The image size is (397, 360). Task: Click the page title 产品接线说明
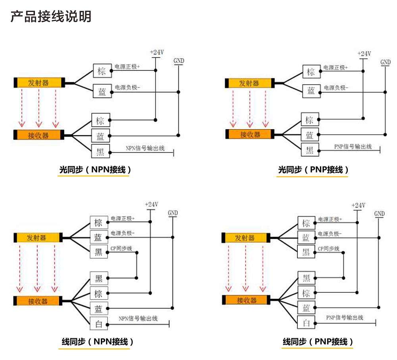coord(51,16)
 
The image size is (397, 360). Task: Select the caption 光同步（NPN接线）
coord(95,170)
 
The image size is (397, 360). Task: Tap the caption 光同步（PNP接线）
coord(313,170)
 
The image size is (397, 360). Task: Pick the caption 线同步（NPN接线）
coord(97,341)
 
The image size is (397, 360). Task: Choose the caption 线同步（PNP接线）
coord(318,341)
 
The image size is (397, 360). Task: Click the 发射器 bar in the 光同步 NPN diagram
coord(39,83)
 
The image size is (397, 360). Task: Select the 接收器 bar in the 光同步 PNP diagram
coord(250,134)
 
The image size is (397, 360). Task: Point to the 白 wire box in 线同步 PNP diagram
coord(306,323)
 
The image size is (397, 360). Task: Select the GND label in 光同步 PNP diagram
coord(385,62)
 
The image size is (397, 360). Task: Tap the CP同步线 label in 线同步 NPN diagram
coord(121,249)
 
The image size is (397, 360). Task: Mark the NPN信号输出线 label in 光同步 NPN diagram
coord(145,148)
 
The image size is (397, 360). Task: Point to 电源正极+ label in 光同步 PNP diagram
coord(335,67)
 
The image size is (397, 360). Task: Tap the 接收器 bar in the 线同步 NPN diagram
coord(39,301)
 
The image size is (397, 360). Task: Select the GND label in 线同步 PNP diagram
coord(380,214)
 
